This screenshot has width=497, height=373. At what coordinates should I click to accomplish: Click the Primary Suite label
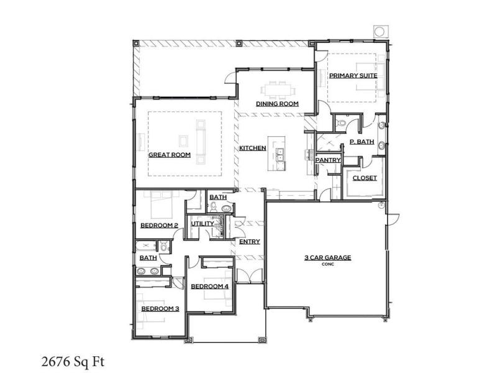[353, 76]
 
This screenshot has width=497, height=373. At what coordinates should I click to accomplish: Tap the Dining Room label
[277, 104]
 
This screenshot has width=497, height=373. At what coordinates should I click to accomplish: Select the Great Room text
[170, 155]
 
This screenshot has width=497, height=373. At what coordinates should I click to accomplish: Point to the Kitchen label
[253, 148]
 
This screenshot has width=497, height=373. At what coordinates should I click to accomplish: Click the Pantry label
[328, 160]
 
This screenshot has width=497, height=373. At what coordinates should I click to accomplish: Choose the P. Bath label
[362, 142]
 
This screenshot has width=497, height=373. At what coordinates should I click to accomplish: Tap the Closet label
[365, 178]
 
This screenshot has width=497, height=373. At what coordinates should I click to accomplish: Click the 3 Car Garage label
[328, 257]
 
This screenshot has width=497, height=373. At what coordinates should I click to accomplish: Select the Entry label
[250, 242]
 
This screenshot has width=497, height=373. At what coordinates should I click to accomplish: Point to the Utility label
[203, 224]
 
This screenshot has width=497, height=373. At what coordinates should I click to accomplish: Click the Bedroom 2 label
[159, 226]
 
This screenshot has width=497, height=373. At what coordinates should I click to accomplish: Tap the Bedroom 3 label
[160, 308]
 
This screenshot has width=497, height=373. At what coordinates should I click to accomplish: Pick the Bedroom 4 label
[209, 287]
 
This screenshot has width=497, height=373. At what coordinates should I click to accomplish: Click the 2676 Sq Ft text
[73, 361]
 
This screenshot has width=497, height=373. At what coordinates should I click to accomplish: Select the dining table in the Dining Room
[278, 88]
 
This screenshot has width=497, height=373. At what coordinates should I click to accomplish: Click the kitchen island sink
[280, 155]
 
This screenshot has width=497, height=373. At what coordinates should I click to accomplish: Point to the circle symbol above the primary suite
[380, 32]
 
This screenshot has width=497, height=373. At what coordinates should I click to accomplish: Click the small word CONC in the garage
[328, 264]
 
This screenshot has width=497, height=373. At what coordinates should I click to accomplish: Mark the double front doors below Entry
[250, 275]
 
